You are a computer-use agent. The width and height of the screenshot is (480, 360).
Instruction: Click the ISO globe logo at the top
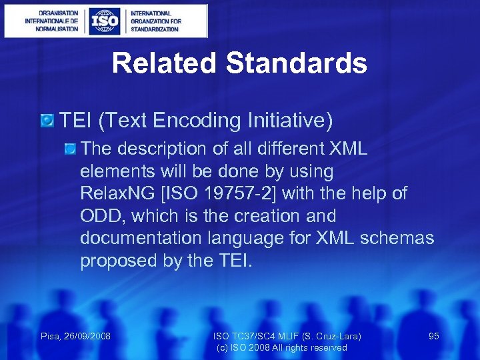click(105, 21)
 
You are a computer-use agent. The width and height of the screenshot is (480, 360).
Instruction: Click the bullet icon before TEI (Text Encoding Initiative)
click(47, 121)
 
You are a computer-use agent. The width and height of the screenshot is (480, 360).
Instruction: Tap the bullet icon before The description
click(71, 148)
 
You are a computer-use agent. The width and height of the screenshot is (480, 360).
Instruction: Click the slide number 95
click(433, 336)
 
